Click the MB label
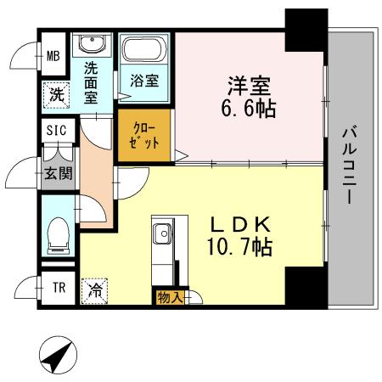pos(53,58)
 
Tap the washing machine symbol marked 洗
pos(55,94)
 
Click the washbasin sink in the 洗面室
pos(90,46)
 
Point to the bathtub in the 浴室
pos(144,50)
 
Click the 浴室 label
pos(144,81)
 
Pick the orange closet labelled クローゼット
pos(144,134)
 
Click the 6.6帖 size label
pos(248,109)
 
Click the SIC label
pos(56,130)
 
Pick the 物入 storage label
pos(167,297)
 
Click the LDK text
pos(240,224)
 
